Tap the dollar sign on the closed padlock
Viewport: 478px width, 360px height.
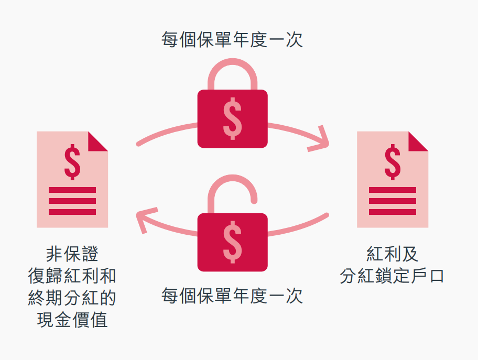click(x=232, y=118)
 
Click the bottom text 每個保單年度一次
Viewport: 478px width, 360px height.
click(x=232, y=296)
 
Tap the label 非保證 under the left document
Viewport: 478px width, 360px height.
click(x=72, y=254)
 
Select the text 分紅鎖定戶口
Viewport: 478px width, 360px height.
click(x=392, y=276)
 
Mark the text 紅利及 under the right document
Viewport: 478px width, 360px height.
click(x=392, y=254)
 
